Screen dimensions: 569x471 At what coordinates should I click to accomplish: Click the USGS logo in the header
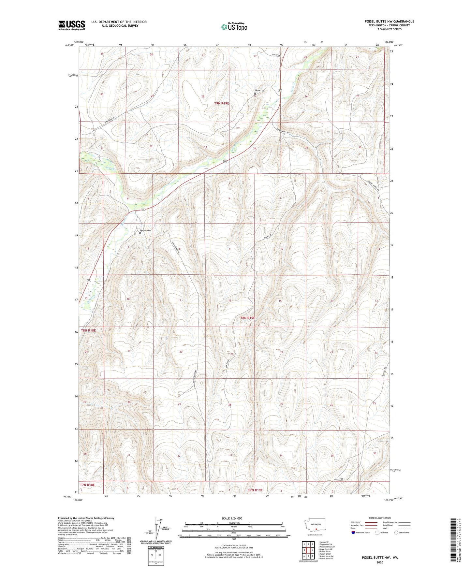(72, 25)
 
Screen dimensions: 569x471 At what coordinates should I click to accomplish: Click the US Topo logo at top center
(234, 27)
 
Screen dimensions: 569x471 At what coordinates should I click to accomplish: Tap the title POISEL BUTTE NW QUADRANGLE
(389, 22)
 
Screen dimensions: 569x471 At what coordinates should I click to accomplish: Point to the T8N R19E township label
(248, 318)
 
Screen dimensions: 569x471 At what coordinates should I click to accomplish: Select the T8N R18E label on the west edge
(88, 330)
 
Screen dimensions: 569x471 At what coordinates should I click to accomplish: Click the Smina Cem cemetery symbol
(255, 94)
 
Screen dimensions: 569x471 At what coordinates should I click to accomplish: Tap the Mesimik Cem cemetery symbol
(140, 233)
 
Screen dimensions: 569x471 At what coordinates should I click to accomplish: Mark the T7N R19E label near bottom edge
(255, 490)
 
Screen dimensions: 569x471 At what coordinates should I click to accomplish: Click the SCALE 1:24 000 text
(232, 518)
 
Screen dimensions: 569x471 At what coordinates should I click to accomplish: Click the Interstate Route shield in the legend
(353, 533)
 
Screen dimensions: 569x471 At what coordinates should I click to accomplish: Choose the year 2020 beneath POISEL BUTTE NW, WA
(380, 562)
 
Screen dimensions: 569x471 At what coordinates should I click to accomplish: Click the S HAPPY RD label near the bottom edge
(339, 479)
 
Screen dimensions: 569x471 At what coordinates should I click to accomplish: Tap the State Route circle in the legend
(396, 533)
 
